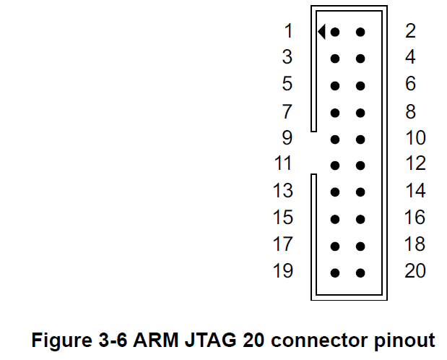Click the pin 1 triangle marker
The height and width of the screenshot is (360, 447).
point(322,31)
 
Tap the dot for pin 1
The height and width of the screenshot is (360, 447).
point(335,32)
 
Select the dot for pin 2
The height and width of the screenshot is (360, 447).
point(360,32)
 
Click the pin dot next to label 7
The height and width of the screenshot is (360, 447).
point(335,113)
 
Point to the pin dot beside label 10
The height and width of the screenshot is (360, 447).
point(360,140)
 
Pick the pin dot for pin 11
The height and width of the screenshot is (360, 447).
point(335,166)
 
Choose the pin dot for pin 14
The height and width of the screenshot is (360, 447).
point(360,192)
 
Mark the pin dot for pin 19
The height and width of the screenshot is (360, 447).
point(335,273)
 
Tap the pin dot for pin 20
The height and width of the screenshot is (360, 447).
point(360,273)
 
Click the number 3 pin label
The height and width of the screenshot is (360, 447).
point(287,57)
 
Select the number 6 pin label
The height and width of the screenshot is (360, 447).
point(410,84)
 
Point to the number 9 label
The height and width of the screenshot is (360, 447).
point(287,137)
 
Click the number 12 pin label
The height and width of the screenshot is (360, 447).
point(415,163)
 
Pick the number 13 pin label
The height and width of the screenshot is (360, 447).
point(283,190)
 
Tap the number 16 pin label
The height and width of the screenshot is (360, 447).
point(415,218)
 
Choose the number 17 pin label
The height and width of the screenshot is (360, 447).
point(283,244)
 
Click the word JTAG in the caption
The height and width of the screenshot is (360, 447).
point(211,340)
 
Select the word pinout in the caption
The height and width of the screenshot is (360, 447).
point(405,340)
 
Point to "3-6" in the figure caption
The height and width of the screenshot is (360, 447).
point(113,340)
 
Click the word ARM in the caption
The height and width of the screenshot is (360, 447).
point(156,340)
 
